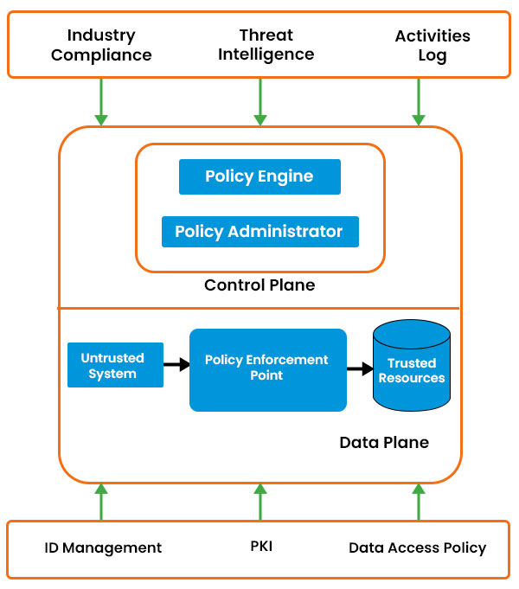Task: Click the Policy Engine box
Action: pos(259,176)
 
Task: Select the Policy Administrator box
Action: pos(259,232)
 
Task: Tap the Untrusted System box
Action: pos(114,365)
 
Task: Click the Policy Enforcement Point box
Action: pos(267,369)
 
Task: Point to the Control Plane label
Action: pos(259,285)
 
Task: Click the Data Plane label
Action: pos(383,442)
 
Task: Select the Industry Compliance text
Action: pos(101,45)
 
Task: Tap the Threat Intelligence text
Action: pos(266,44)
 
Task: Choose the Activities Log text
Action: pos(432,46)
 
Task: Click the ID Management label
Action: pos(103,547)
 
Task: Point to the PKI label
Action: pos(261,547)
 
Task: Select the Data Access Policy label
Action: pos(417,547)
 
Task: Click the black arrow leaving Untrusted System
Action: pos(176,365)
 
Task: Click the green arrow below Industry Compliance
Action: pos(101,101)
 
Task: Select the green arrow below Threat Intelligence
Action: pos(259,101)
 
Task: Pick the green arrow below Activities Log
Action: pos(419,101)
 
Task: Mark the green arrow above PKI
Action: pos(259,502)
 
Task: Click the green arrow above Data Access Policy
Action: pos(419,502)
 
